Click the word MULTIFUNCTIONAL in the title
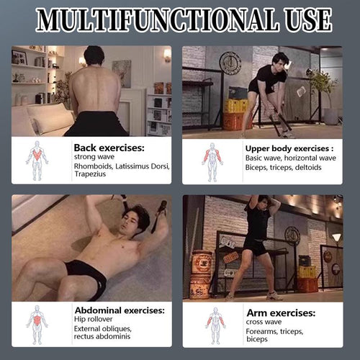point(157,19)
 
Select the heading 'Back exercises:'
point(109,148)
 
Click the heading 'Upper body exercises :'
point(289,149)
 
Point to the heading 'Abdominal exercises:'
point(120,310)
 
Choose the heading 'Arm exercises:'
point(281,313)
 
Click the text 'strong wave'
point(94,157)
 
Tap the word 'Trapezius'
point(90,174)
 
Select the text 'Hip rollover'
point(93,320)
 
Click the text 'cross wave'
point(264,322)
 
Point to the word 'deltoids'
point(308,167)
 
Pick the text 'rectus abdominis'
point(102,336)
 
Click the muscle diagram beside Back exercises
point(37,161)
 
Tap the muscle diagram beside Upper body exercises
point(212,162)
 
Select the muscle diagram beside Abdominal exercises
point(37,325)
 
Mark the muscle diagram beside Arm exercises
point(215,326)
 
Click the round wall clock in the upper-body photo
point(230,63)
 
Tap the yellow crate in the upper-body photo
point(235,106)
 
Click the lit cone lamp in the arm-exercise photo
point(336,238)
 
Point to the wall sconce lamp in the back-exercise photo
point(167,55)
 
